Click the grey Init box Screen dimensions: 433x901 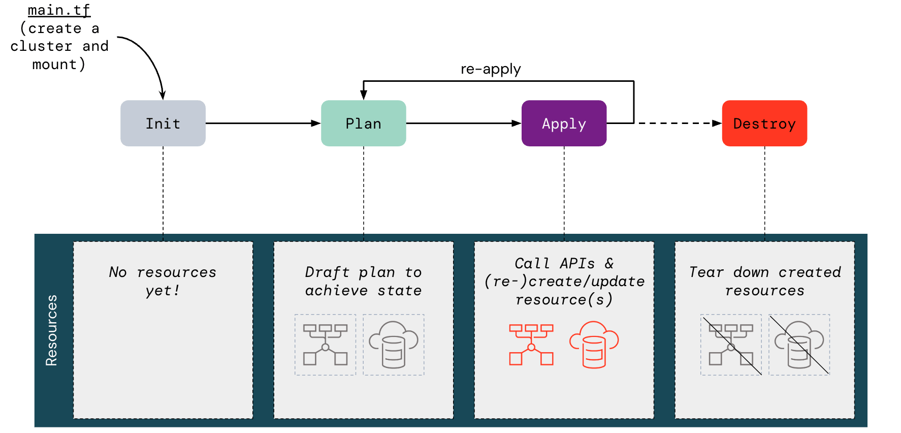[163, 123]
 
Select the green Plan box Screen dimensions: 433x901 [364, 123]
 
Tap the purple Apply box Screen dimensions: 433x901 [564, 123]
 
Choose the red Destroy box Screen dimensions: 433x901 [764, 123]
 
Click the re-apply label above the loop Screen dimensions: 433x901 [491, 69]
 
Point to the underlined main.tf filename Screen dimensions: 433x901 [59, 10]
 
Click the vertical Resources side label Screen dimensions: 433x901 [52, 330]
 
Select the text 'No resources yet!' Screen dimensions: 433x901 [163, 281]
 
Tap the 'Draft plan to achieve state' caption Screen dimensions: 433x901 [363, 281]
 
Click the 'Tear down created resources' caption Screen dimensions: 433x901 [764, 281]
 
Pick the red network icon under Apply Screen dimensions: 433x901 [531, 345]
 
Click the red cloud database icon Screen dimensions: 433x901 [594, 344]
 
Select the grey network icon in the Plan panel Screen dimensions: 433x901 [326, 345]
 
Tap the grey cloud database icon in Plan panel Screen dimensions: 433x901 [394, 344]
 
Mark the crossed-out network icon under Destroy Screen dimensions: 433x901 [731, 345]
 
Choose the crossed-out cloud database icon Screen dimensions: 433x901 [799, 344]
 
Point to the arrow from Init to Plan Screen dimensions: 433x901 [262, 123]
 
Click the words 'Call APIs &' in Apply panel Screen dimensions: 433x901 [564, 263]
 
